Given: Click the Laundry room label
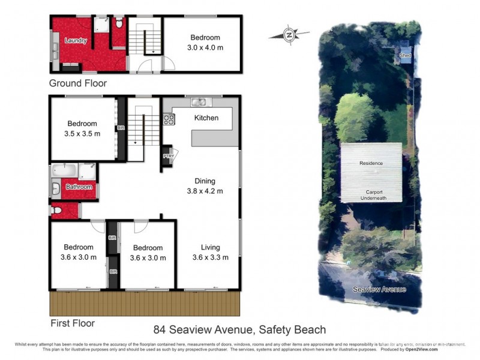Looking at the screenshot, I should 76,41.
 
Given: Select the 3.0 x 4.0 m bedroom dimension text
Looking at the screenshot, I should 205,47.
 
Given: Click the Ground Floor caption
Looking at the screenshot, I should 78,83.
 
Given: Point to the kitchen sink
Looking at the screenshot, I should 198,102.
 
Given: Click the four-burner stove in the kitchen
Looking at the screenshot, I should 169,119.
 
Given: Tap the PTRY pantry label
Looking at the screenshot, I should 167,156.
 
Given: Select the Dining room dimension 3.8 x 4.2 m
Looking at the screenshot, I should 205,191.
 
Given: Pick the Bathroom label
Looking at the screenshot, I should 79,187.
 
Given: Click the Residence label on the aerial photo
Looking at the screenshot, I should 371,163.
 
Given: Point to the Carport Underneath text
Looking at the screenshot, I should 372,195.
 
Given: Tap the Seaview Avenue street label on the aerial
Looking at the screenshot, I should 379,289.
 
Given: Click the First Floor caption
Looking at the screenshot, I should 72,323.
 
